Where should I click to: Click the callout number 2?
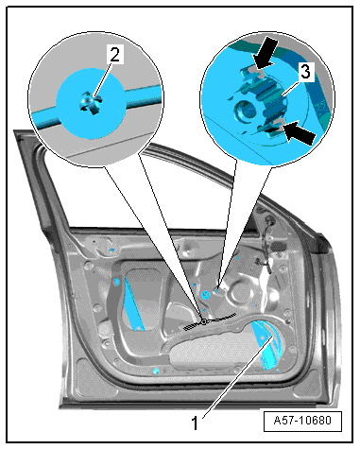pos(114,54)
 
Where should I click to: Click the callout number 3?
pos(305,72)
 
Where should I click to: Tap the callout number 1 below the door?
pos(196,423)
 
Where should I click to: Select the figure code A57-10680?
pos(302,421)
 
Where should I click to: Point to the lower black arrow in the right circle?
pos(299,133)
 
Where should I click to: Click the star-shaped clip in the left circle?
pos(90,103)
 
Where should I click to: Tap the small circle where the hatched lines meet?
pos(204,321)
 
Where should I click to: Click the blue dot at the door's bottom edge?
pos(156,371)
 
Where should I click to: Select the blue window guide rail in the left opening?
pos(133,302)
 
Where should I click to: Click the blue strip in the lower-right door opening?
pos(267,347)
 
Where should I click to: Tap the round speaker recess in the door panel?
pos(240,294)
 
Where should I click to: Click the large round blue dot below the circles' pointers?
pos(206,295)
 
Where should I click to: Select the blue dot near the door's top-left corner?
pos(111,250)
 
